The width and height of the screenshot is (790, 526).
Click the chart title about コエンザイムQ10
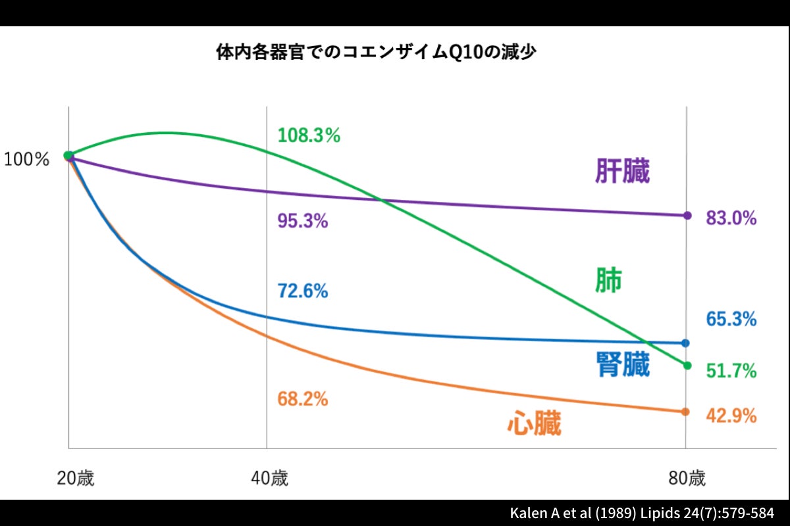click(375, 53)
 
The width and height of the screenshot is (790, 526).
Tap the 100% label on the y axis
click(27, 159)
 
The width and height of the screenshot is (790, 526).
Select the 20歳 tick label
click(75, 478)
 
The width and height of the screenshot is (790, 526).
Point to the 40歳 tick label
click(269, 478)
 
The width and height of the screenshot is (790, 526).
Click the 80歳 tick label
click(687, 478)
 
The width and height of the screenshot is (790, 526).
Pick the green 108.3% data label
click(309, 135)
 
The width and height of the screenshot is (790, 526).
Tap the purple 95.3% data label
click(303, 221)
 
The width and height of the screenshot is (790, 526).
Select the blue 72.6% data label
click(303, 291)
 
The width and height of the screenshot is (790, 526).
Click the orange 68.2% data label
click(303, 398)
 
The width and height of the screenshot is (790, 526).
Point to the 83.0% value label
click(731, 218)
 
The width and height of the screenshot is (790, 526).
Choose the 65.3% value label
click(731, 320)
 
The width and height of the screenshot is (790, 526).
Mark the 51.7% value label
click(731, 371)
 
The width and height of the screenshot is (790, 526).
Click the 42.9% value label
click(731, 416)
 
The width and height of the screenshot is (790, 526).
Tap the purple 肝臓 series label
click(622, 172)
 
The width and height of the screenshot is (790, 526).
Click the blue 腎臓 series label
click(622, 364)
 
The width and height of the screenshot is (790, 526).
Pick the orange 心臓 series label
click(534, 423)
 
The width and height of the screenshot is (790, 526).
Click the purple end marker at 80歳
click(687, 215)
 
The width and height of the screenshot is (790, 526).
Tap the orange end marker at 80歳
click(685, 412)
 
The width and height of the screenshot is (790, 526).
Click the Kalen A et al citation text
click(642, 513)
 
